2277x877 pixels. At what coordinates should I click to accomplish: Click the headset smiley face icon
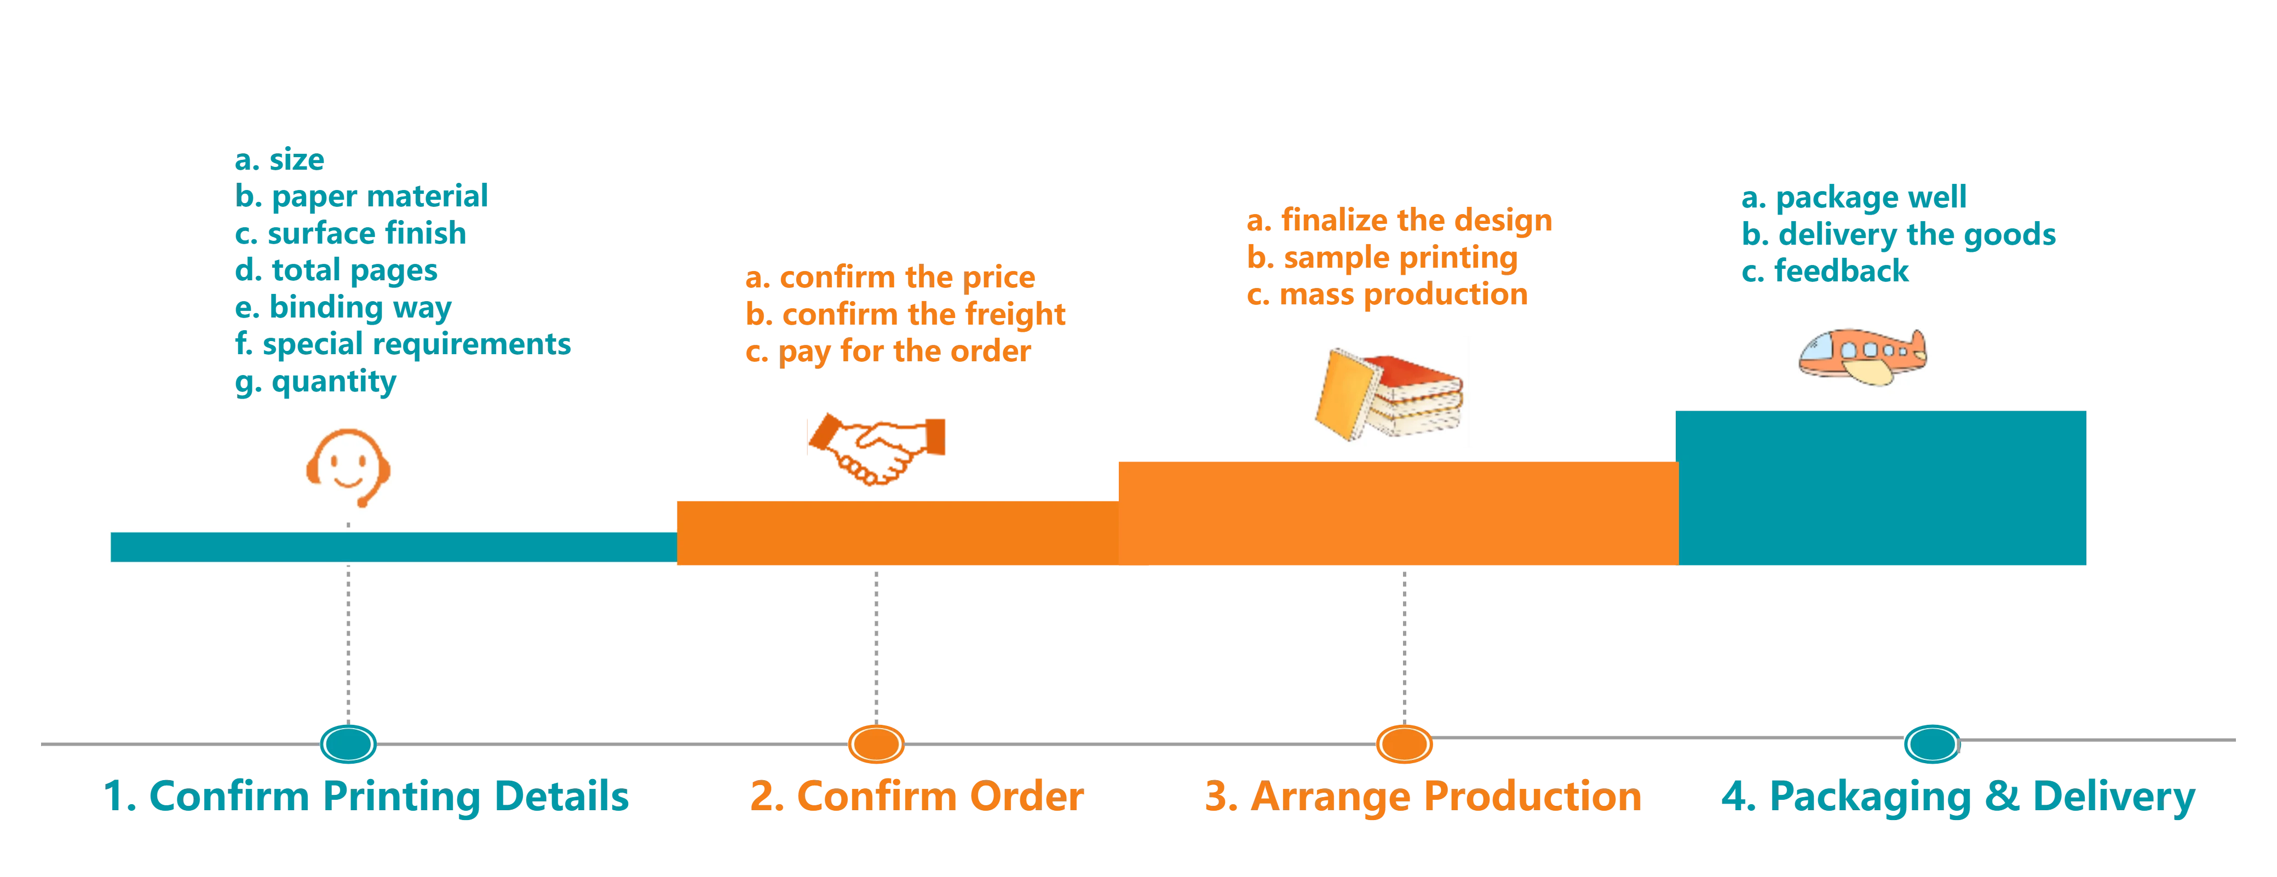[347, 466]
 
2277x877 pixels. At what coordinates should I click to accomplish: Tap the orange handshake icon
[876, 449]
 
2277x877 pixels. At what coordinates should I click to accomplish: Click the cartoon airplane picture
[1865, 353]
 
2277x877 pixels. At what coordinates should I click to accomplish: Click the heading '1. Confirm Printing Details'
[367, 797]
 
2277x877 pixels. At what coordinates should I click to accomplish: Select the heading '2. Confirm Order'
[917, 797]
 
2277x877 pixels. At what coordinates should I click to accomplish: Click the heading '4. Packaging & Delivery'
[1959, 797]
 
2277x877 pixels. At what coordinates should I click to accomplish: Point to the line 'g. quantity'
[315, 382]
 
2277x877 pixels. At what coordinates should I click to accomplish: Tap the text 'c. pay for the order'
[888, 352]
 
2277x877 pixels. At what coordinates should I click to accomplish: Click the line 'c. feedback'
[1825, 272]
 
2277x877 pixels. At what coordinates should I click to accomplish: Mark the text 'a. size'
[279, 160]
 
